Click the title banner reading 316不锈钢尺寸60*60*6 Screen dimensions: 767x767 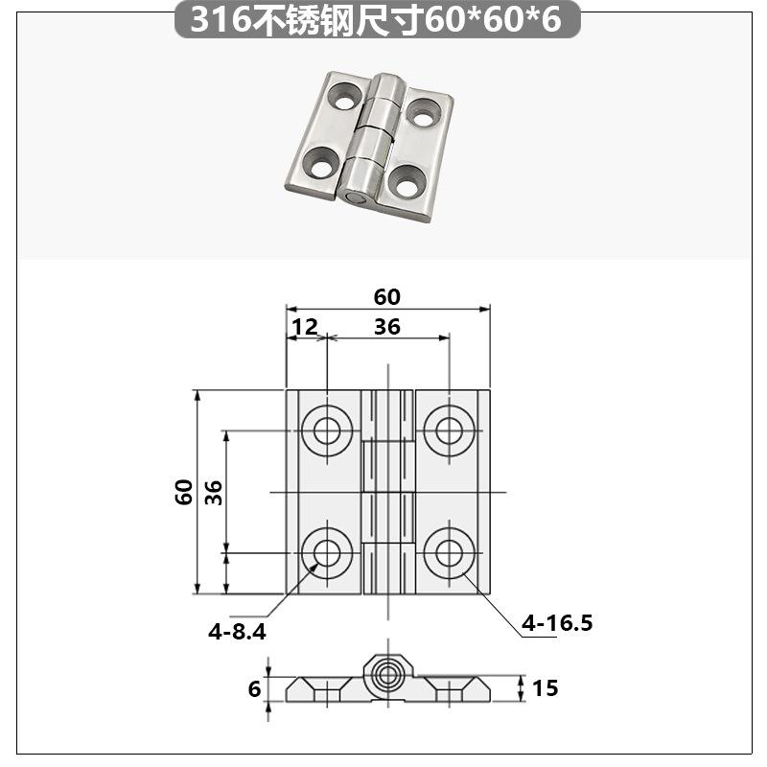[377, 19]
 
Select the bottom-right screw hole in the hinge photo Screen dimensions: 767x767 [408, 182]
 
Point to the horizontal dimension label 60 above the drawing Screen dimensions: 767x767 [387, 297]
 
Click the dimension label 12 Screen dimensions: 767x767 [305, 327]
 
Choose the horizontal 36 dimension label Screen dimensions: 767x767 [387, 327]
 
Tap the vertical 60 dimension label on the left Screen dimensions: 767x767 [184, 492]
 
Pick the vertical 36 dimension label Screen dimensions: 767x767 [214, 492]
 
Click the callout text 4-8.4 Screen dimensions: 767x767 [237, 632]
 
